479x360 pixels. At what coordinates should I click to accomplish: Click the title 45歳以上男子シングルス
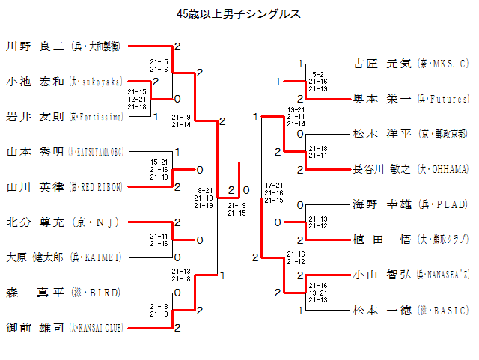click(x=239, y=13)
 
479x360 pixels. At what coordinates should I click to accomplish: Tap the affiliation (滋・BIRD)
click(x=95, y=293)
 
